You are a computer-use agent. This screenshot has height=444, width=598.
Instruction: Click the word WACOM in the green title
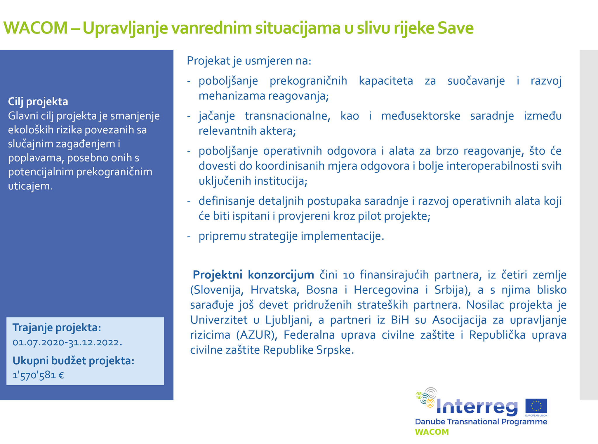coord(35,28)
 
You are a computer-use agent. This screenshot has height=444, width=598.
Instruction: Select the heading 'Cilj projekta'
coord(38,102)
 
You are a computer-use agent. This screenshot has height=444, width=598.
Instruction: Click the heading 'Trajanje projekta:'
coord(57,328)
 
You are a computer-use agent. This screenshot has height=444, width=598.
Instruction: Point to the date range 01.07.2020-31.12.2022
coord(67,342)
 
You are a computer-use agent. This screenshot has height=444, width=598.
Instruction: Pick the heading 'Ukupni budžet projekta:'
coord(73,361)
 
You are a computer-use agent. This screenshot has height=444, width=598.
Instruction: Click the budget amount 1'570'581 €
coord(38,375)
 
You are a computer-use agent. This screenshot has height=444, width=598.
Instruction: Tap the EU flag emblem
coord(536,406)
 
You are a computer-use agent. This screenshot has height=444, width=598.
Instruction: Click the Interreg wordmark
coord(477,407)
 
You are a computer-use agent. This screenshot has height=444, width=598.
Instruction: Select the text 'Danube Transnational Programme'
coord(481,422)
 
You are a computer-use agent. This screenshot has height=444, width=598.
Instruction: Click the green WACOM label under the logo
coord(432,432)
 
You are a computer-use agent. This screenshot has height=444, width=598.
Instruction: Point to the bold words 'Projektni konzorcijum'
coord(253,275)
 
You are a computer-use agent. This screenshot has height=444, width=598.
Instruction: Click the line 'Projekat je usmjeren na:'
coord(249,61)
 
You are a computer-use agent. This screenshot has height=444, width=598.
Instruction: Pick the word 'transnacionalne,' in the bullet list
coord(287,116)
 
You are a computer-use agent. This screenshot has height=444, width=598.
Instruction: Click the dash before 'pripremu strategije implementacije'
coord(189,236)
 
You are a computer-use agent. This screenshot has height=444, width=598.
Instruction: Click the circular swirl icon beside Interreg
coord(426,397)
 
